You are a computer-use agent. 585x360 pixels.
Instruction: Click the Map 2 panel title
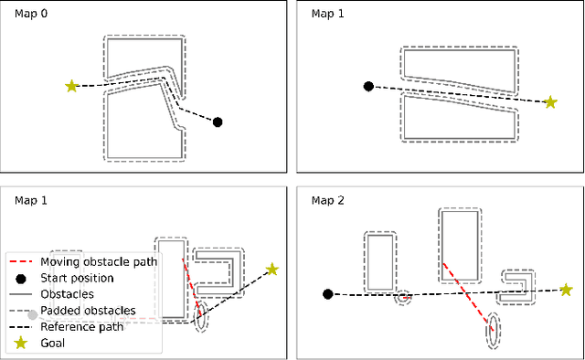(x=325, y=200)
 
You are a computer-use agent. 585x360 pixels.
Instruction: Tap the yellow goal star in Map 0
(x=71, y=86)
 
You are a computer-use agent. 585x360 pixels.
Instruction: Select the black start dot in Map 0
(x=218, y=122)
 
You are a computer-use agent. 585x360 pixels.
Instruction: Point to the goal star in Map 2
(x=566, y=290)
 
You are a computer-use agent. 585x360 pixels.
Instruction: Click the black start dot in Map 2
(x=328, y=294)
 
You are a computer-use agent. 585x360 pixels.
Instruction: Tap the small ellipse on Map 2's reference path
(x=403, y=297)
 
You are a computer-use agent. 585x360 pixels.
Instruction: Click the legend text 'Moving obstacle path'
(x=100, y=261)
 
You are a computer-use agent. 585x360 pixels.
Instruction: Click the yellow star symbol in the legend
(x=21, y=344)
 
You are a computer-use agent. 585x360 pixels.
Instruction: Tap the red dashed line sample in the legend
(x=21, y=261)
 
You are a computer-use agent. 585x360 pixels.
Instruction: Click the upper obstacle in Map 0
(x=142, y=57)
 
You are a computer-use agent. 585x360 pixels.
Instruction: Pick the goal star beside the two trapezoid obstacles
(x=550, y=102)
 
